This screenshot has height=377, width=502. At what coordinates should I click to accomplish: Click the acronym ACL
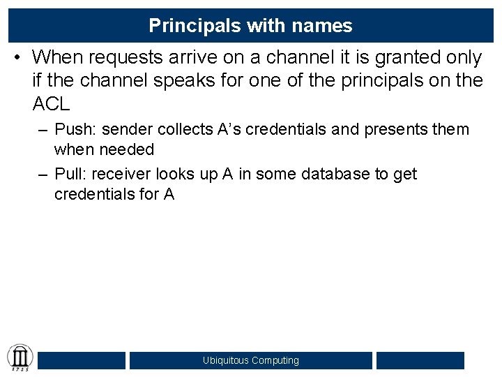click(51, 105)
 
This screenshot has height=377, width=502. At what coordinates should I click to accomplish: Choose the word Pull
click(70, 174)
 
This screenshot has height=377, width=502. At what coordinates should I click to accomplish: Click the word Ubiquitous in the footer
click(225, 360)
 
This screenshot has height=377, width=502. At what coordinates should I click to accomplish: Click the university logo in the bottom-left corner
click(20, 357)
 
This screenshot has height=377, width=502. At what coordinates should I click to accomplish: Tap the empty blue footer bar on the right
click(420, 360)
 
